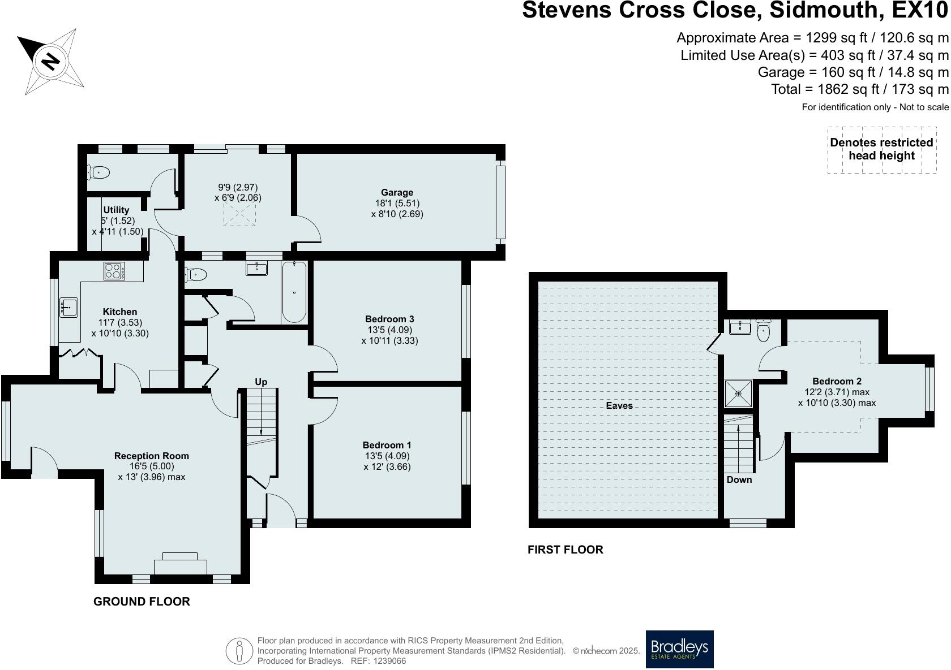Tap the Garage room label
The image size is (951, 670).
pyautogui.click(x=397, y=192)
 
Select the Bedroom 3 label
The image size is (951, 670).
pyautogui.click(x=389, y=319)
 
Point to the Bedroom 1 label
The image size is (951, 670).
pyautogui.click(x=386, y=445)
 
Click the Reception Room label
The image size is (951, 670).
pyautogui.click(x=152, y=456)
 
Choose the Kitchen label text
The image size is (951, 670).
pyautogui.click(x=120, y=312)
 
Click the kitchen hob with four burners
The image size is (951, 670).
pyautogui.click(x=114, y=271)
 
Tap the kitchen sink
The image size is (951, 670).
pyautogui.click(x=69, y=308)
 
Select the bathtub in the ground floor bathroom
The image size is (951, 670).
pyautogui.click(x=294, y=292)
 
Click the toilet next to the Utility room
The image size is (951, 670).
pyautogui.click(x=99, y=172)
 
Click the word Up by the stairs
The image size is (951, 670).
pyautogui.click(x=260, y=382)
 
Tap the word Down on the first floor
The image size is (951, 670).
pyautogui.click(x=739, y=479)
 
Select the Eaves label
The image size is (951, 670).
pyautogui.click(x=619, y=406)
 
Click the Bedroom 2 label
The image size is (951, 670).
pyautogui.click(x=837, y=381)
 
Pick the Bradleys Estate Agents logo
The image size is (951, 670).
pyautogui.click(x=680, y=649)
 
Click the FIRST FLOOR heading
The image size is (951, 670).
pyautogui.click(x=565, y=550)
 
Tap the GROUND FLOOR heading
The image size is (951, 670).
pyautogui.click(x=142, y=602)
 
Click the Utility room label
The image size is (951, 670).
pyautogui.click(x=116, y=210)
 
